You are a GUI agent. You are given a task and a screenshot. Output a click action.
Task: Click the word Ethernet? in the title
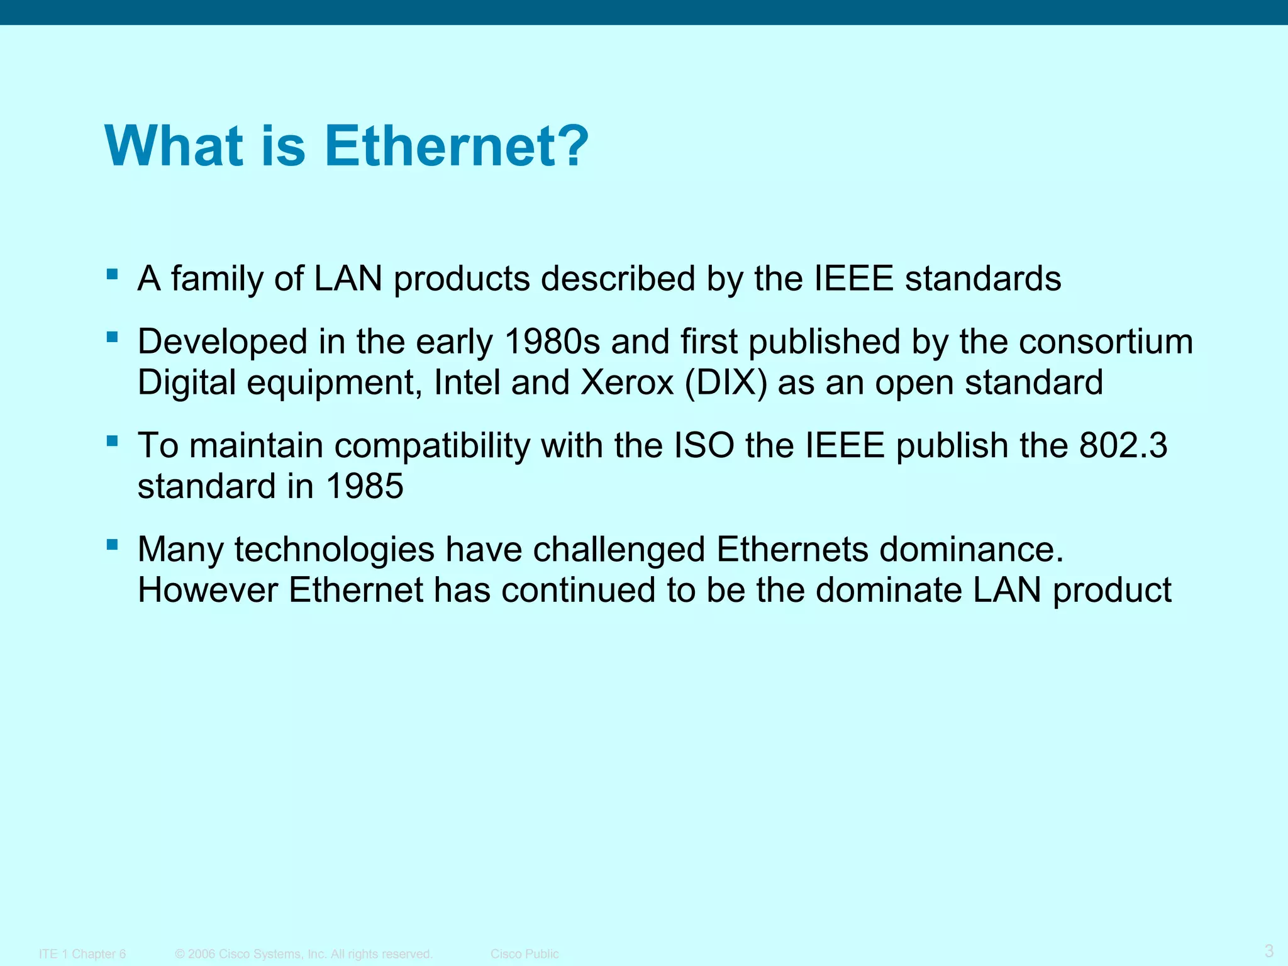pos(457,146)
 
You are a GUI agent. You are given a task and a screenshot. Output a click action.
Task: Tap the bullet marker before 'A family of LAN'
pos(113,274)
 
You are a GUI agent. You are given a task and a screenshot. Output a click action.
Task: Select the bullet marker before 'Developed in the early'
pos(113,337)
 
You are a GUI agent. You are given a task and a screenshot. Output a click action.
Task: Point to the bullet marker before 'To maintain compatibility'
pos(113,441)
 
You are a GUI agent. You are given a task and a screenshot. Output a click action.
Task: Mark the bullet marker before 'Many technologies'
pos(113,545)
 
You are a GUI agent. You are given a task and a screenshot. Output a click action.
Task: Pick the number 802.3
pos(1123,445)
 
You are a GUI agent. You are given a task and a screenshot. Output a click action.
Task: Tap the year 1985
pos(364,486)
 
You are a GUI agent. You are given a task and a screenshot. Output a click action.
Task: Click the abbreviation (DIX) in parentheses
pos(726,382)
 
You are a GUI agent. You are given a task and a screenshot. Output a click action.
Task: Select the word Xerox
pos(627,382)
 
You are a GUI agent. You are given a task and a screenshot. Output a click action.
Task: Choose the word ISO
pos(704,445)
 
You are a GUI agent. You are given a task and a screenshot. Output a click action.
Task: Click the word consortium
pos(1106,341)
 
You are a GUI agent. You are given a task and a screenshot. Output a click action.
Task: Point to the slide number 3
pos(1269,950)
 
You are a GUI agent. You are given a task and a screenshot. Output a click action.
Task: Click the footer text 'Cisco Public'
pos(525,954)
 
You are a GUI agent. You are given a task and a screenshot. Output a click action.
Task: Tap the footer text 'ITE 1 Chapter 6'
pos(82,954)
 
